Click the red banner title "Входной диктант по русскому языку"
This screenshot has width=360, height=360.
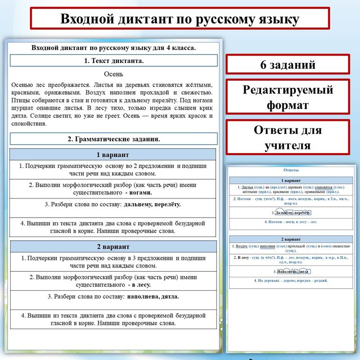[180, 19]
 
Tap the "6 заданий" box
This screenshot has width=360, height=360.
[288, 64]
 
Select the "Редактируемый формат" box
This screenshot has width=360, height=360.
[288, 97]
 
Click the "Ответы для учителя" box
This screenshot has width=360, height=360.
[288, 137]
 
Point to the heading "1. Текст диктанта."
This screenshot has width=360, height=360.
[114, 61]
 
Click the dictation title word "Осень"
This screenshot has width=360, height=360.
[113, 74]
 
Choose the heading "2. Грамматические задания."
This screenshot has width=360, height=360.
[114, 139]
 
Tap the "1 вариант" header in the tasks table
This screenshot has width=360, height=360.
[113, 155]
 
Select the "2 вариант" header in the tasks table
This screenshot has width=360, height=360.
[113, 247]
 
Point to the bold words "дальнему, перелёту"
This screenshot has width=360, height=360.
[153, 204]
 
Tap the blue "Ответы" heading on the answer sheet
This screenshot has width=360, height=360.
[291, 170]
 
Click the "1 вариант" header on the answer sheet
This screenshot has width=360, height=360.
[291, 180]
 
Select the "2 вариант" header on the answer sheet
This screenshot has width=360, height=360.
[291, 239]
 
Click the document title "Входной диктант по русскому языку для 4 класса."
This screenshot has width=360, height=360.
[113, 48]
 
